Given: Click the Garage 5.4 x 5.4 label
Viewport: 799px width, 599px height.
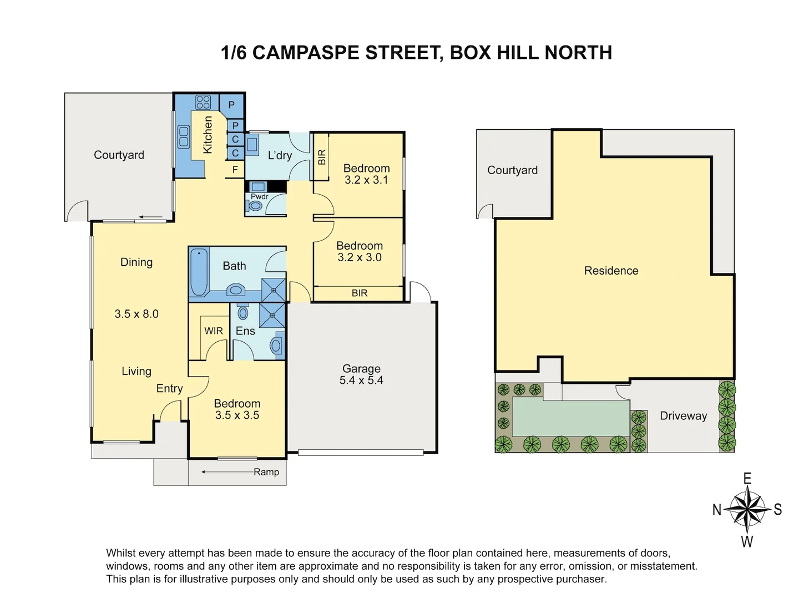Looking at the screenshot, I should click(x=361, y=374).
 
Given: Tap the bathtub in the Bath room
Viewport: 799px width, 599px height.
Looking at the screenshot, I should click(x=198, y=273).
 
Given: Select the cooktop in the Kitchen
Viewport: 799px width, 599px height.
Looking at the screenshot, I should click(x=203, y=102).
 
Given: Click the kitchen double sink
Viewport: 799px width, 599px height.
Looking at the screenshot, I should click(x=183, y=137).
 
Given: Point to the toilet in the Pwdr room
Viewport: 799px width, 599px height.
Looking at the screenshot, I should click(x=256, y=206).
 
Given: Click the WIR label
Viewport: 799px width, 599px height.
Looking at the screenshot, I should click(x=214, y=331).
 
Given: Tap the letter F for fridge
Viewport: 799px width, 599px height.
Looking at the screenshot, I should click(x=235, y=170).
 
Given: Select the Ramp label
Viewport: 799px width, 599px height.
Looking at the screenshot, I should click(x=266, y=472).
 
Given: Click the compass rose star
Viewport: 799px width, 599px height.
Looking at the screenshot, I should click(x=747, y=509).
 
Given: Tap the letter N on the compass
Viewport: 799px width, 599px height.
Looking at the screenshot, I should click(x=717, y=510).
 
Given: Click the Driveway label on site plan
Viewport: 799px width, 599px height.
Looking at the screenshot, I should click(x=683, y=416).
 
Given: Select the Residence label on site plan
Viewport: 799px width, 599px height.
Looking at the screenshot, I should click(x=611, y=271).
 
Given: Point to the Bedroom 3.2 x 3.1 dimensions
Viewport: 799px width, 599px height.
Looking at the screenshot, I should click(x=366, y=180).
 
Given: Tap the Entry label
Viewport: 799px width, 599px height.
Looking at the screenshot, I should click(x=169, y=389).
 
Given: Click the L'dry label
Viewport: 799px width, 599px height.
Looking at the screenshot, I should click(x=280, y=155).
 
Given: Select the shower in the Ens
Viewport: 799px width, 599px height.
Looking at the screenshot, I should click(x=273, y=316).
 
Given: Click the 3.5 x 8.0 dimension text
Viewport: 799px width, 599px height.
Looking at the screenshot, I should click(x=136, y=314).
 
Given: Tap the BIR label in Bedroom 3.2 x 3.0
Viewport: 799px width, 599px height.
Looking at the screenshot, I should click(x=360, y=293).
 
